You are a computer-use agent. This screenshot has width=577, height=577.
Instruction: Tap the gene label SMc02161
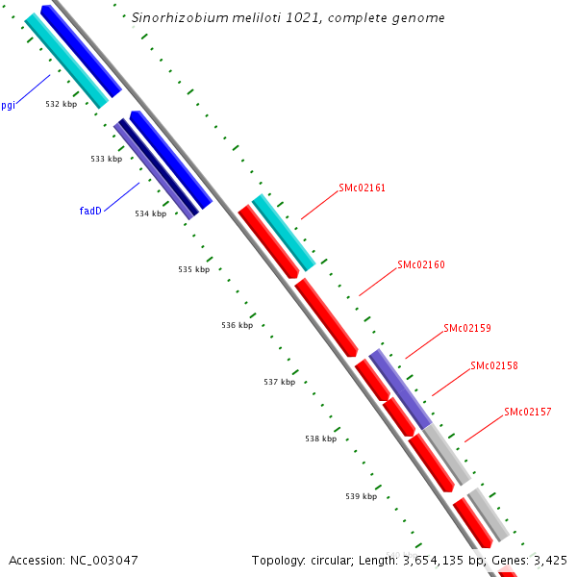[362, 188]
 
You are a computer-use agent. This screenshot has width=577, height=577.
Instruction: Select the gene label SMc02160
[421, 264]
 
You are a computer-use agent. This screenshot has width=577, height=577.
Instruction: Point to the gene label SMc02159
[467, 328]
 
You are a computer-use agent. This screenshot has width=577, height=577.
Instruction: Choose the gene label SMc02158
[494, 365]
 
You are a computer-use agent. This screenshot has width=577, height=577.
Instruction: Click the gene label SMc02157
[528, 412]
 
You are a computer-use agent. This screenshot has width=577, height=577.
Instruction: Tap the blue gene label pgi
[8, 106]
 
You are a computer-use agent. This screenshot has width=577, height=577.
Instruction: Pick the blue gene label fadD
[90, 210]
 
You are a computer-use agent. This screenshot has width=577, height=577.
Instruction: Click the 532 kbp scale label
[62, 104]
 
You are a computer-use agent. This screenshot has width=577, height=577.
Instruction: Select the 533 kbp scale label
[107, 159]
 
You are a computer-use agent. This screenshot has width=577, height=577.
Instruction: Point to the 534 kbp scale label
[150, 213]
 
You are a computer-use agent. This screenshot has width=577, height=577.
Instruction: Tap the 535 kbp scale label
[193, 269]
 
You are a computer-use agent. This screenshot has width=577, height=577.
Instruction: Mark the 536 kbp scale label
[237, 325]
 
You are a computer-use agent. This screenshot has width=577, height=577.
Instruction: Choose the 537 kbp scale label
[279, 382]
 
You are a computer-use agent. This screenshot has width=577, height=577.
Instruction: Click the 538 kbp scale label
[321, 439]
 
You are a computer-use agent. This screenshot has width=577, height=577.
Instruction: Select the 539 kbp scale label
[361, 496]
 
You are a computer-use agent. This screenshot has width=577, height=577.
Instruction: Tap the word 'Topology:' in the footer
[280, 559]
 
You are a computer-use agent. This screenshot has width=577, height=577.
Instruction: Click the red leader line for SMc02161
[319, 205]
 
